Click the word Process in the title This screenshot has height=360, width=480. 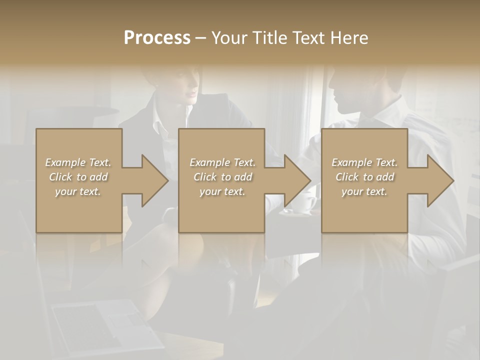click(x=157, y=37)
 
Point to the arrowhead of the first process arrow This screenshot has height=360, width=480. click(x=154, y=180)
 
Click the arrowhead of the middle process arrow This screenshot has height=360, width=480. click(x=297, y=180)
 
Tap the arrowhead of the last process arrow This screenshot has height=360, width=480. click(x=440, y=180)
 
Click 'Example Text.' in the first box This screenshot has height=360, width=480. click(x=78, y=162)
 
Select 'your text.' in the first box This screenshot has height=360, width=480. click(x=78, y=191)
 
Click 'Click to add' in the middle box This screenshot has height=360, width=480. click(x=222, y=177)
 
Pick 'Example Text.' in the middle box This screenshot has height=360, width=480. click(x=222, y=162)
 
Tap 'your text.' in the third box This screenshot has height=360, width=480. click(x=364, y=191)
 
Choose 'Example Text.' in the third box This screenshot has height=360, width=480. click(x=364, y=162)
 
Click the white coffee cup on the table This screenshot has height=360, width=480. click(x=305, y=202)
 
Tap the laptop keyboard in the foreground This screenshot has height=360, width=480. click(x=95, y=320)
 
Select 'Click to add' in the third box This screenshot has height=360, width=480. click(x=364, y=177)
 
